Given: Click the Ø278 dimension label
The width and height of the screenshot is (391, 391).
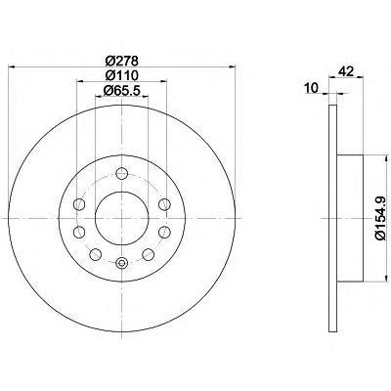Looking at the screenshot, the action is point(122,61).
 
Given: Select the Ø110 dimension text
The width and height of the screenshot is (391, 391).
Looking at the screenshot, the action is point(122,75).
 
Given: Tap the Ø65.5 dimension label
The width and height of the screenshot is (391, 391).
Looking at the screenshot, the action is point(122,90).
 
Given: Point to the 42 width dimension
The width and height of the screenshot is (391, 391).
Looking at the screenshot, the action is point(346,71).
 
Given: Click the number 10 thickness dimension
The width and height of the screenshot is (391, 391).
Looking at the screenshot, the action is point(312,88).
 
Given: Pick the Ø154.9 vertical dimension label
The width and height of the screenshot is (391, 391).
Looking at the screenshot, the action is point(382,219).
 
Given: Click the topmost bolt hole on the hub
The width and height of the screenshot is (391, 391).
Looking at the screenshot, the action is point(122,173).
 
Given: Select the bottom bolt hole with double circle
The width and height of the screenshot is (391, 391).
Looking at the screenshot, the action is point(122,263).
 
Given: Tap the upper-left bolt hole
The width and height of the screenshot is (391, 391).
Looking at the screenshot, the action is point(79,204).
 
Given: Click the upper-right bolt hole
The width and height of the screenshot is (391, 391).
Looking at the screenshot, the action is point(164,204).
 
